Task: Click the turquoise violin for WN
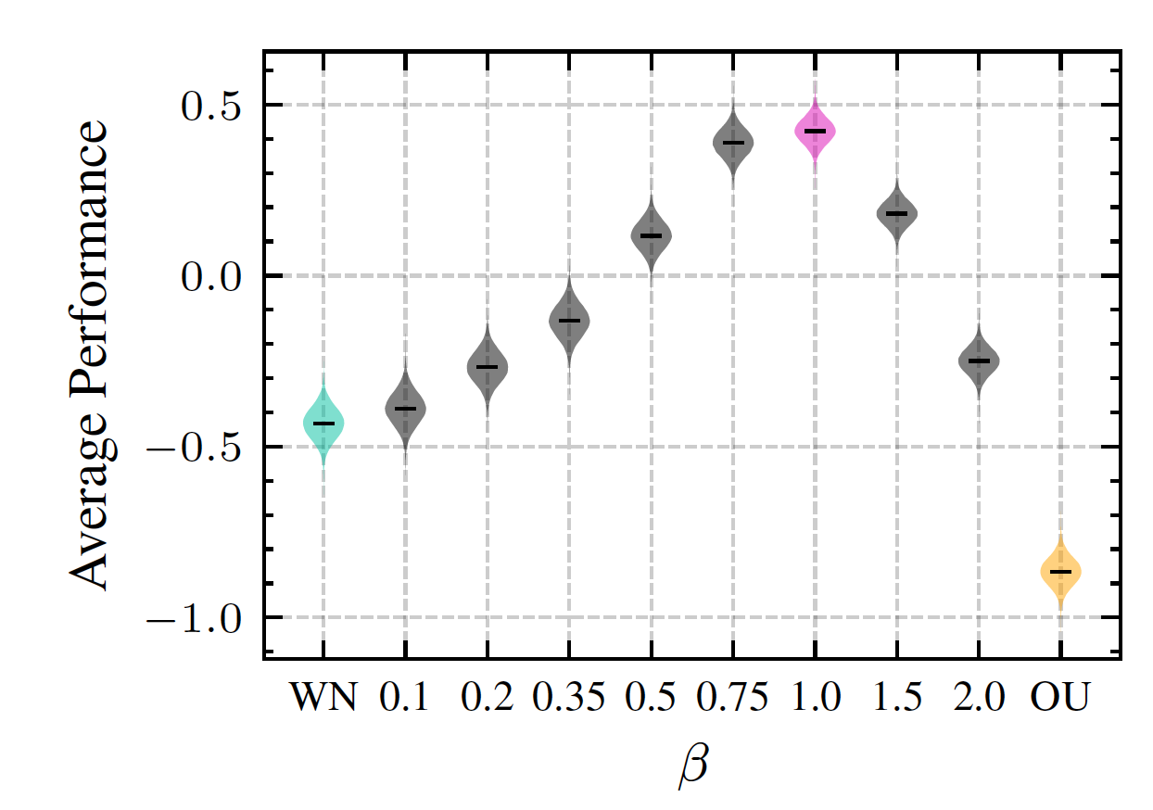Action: (323, 423)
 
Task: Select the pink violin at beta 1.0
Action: (815, 131)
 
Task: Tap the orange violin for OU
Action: (1060, 571)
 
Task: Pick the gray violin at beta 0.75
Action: (733, 142)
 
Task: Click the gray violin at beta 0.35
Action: (569, 320)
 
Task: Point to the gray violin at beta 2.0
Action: (979, 360)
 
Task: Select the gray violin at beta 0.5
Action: (652, 235)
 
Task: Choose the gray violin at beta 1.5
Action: (897, 213)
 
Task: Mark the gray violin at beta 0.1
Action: (406, 408)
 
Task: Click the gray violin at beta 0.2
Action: (488, 366)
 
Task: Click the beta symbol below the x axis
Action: (693, 766)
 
